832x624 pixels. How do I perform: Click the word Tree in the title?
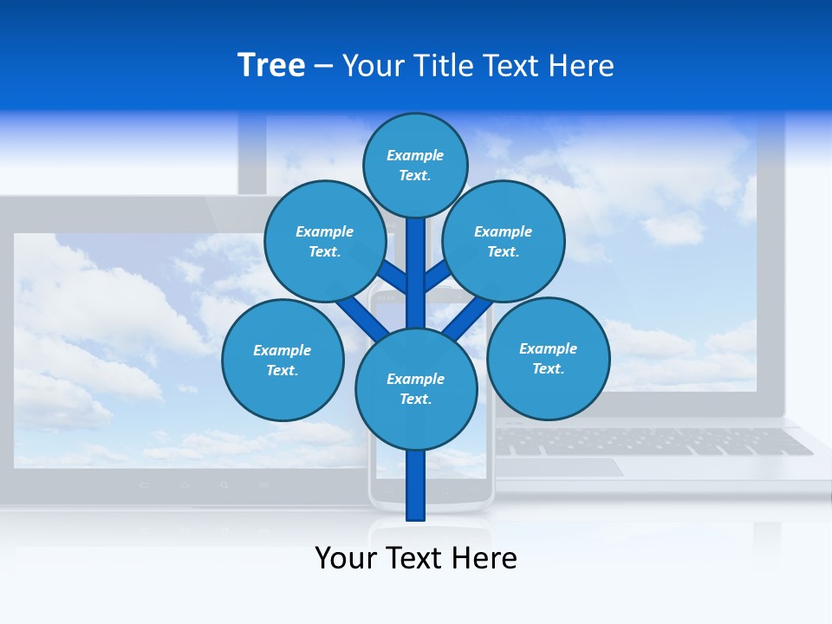(270, 66)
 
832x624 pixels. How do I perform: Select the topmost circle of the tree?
(415, 165)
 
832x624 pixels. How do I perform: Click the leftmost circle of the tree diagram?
(283, 360)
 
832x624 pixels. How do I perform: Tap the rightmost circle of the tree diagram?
(548, 358)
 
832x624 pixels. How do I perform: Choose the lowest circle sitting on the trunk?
(416, 388)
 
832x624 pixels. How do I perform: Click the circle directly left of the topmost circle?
(324, 241)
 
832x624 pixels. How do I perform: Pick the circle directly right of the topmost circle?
(503, 241)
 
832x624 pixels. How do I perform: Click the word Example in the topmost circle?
(415, 155)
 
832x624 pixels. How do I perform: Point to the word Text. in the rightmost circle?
(548, 368)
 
